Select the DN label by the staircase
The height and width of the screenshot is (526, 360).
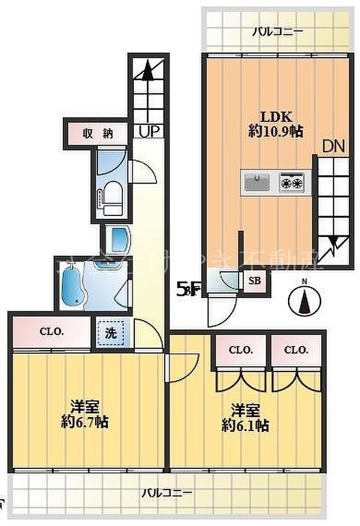point(333,147)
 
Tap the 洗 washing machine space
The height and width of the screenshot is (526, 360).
point(111,332)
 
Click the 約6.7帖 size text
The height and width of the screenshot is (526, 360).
point(84,422)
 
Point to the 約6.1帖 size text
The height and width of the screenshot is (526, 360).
point(245,425)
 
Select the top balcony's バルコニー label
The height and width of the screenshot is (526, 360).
point(278,32)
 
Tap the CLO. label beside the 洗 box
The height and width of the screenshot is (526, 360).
point(52,332)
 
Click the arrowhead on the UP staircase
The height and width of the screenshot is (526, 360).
point(148,69)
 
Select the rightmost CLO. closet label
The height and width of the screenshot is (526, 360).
point(296,351)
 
